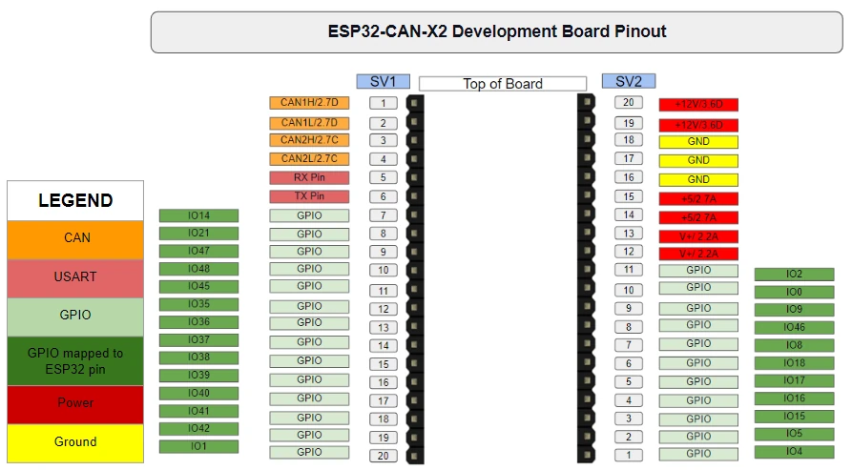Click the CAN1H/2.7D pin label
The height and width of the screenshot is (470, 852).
[x=309, y=103]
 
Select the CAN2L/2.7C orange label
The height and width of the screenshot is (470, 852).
[x=309, y=159]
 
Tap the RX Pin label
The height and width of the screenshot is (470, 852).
[x=309, y=177]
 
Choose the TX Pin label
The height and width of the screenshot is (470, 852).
[x=309, y=196]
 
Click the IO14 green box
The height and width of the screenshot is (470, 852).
[x=198, y=215]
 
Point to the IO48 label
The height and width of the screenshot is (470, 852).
[x=198, y=269]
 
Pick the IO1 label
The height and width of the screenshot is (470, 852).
[x=198, y=446]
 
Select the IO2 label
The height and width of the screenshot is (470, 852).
[x=794, y=275]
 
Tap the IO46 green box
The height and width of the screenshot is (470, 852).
[x=794, y=328]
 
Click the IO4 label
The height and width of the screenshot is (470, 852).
[x=794, y=452]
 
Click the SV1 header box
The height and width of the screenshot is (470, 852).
[x=383, y=82]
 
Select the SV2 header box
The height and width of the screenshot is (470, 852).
[x=629, y=82]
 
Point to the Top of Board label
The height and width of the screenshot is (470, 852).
[x=503, y=84]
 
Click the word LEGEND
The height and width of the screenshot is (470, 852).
[x=75, y=201]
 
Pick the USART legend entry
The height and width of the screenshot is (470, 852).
[x=75, y=277]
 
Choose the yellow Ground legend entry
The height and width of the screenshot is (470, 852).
[x=75, y=442]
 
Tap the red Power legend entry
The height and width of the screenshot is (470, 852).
[x=75, y=403]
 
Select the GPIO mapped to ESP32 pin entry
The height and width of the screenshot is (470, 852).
[x=75, y=360]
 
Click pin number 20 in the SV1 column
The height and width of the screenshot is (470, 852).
[x=383, y=456]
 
